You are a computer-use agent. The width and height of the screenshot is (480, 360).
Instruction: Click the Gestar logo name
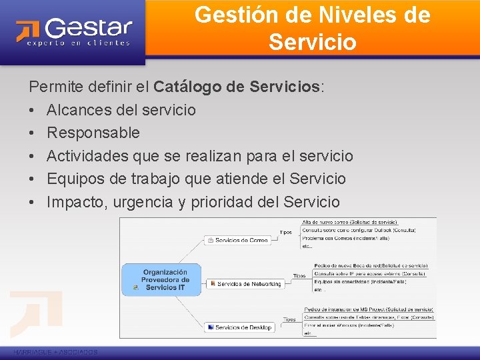tap(89, 28)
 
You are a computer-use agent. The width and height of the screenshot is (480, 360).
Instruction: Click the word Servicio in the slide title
tap(313, 41)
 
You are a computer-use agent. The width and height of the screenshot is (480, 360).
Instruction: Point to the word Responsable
tap(93, 133)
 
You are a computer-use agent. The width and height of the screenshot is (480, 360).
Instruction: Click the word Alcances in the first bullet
tap(79, 109)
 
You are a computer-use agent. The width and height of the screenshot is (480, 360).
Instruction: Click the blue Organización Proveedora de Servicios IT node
tap(165, 279)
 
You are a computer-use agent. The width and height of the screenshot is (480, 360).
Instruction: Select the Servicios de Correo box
tap(238, 240)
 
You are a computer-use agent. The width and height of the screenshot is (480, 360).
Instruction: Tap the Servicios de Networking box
tap(246, 283)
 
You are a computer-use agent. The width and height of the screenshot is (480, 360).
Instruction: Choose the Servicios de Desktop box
tap(240, 327)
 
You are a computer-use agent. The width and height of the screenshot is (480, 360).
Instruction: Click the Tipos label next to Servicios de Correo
tap(285, 233)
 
